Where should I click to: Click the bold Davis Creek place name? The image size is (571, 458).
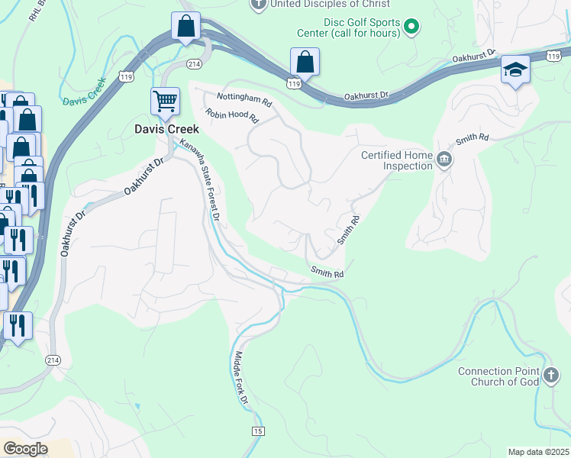click(x=166, y=129)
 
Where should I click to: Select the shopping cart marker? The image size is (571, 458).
click(x=165, y=102)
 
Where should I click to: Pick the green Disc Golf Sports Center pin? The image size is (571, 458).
click(x=412, y=27)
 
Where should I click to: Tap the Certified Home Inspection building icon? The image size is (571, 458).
click(x=444, y=160)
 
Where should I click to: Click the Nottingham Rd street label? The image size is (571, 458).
click(x=244, y=98)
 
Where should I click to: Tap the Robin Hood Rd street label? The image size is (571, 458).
click(x=232, y=116)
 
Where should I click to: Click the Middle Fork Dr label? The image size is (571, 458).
click(x=241, y=377)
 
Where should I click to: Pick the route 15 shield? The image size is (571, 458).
click(x=258, y=431)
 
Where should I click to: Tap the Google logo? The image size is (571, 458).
click(x=25, y=448)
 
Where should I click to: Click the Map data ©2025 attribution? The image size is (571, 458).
click(x=538, y=452)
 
